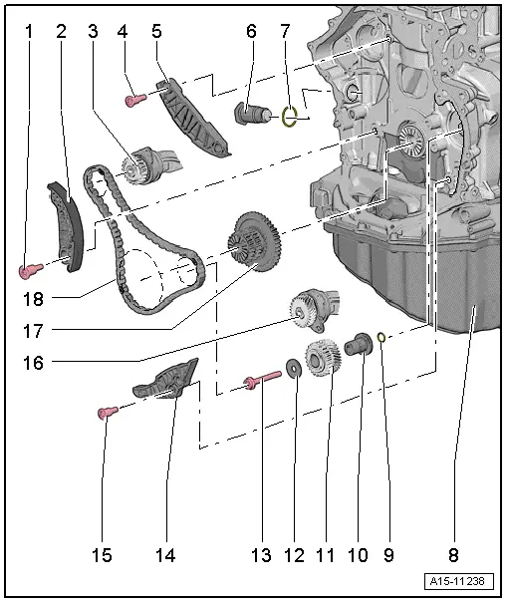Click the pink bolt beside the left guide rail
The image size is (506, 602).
tap(28, 269)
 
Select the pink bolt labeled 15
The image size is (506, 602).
tap(104, 411)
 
